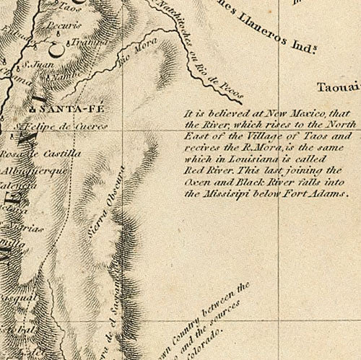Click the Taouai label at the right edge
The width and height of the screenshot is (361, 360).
(x=336, y=88)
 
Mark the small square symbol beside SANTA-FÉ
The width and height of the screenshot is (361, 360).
(x=32, y=109)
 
